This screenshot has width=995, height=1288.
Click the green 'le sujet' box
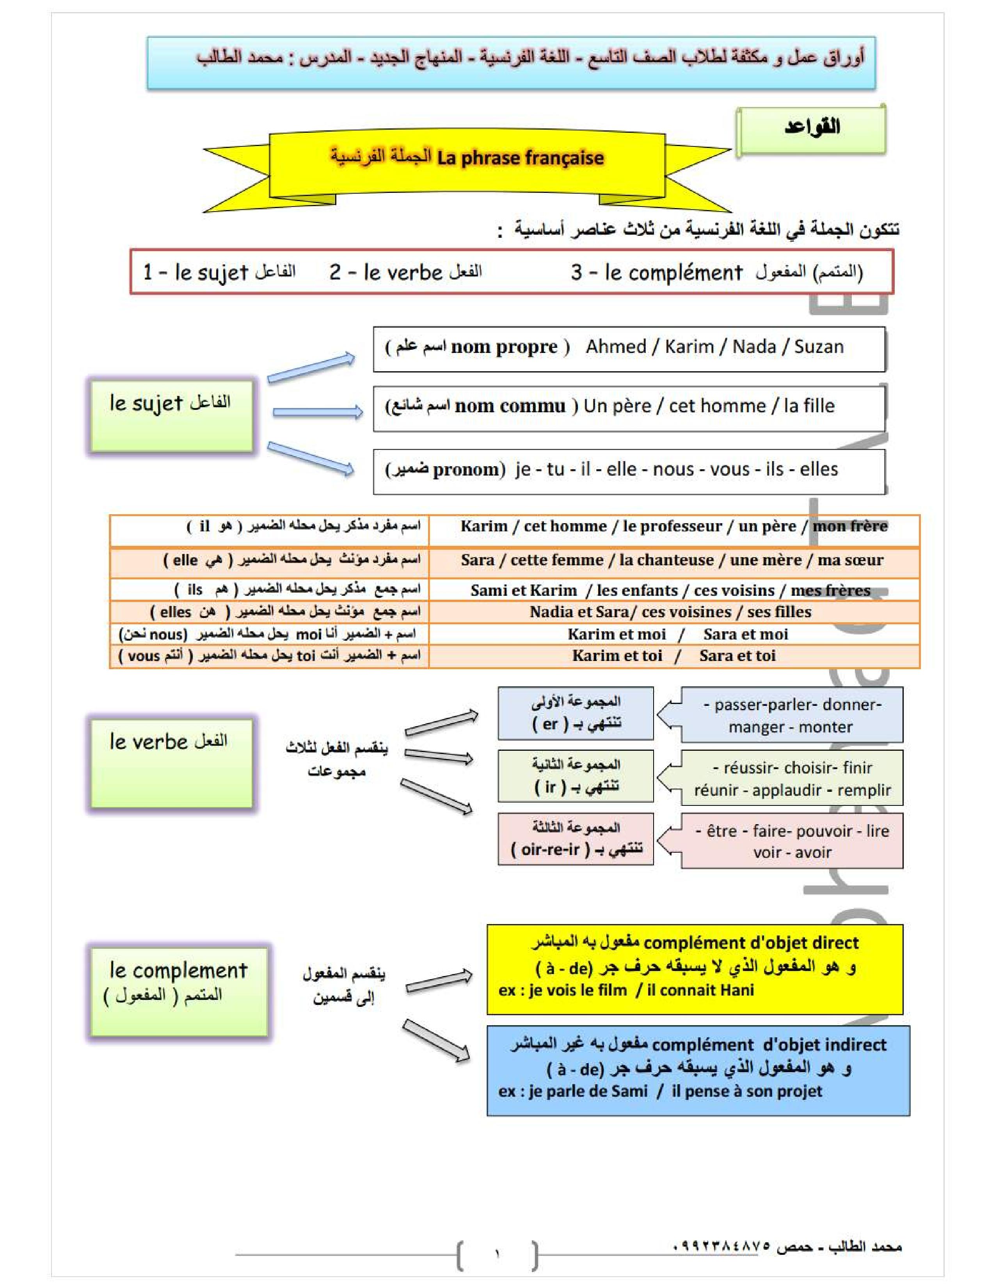[x=171, y=416]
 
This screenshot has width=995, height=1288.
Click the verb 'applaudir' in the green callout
[x=786, y=790]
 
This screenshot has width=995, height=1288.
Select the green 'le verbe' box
[x=171, y=762]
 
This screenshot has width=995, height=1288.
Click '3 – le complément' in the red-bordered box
[x=656, y=273]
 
